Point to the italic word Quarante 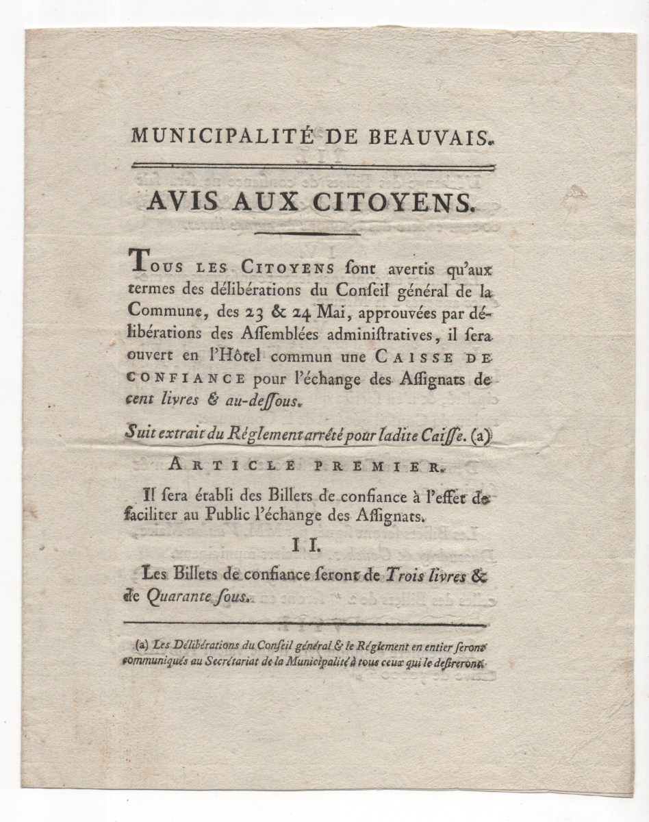(x=178, y=597)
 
